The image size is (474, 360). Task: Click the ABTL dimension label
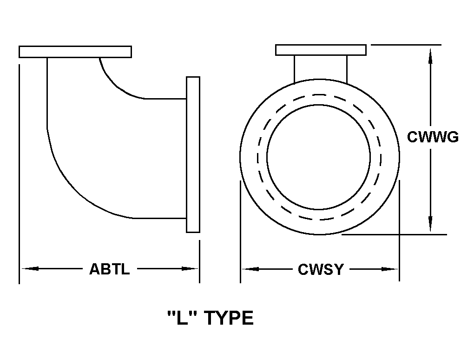pos(109,269)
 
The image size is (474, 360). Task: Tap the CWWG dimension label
pos(433,137)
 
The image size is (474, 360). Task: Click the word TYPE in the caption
pos(229,318)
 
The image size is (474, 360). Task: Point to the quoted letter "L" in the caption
pos(182,318)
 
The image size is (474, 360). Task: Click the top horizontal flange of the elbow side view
pos(75,52)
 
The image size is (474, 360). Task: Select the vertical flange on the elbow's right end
pos(193,154)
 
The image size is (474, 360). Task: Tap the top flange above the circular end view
pos(321,50)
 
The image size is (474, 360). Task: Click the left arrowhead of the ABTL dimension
pos(30,268)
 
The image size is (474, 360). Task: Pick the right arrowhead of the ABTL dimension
pos(190,268)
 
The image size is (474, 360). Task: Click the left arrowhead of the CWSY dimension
pos(250,269)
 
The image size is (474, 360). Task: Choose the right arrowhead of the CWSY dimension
pos(390,269)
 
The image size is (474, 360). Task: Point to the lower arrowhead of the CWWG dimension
pos(430,224)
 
